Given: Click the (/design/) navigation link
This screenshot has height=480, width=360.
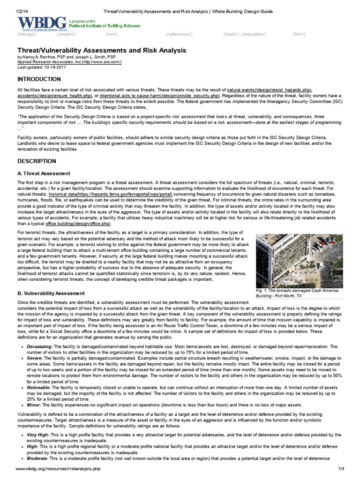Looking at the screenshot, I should [27, 35].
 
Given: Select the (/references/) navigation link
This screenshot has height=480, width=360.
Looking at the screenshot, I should [179, 35].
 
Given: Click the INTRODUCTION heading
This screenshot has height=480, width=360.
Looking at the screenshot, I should [39, 79].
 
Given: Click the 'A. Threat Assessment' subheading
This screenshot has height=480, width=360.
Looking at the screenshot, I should [44, 173].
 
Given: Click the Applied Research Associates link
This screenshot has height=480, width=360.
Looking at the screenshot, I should [69, 61].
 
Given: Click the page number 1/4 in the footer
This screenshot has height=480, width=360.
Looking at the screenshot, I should [340, 469].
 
